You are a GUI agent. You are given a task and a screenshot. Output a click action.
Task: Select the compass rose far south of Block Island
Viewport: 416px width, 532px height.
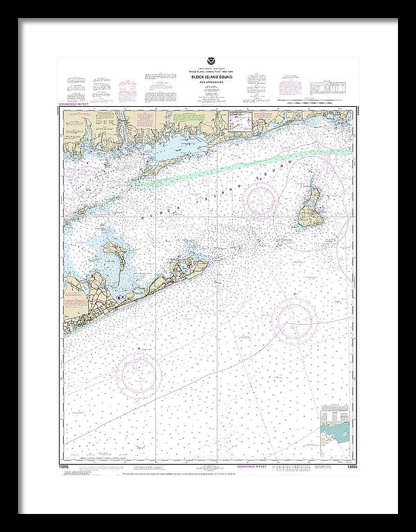(x=294, y=320)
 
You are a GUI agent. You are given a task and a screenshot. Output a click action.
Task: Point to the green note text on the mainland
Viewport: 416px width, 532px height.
(x=187, y=119)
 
